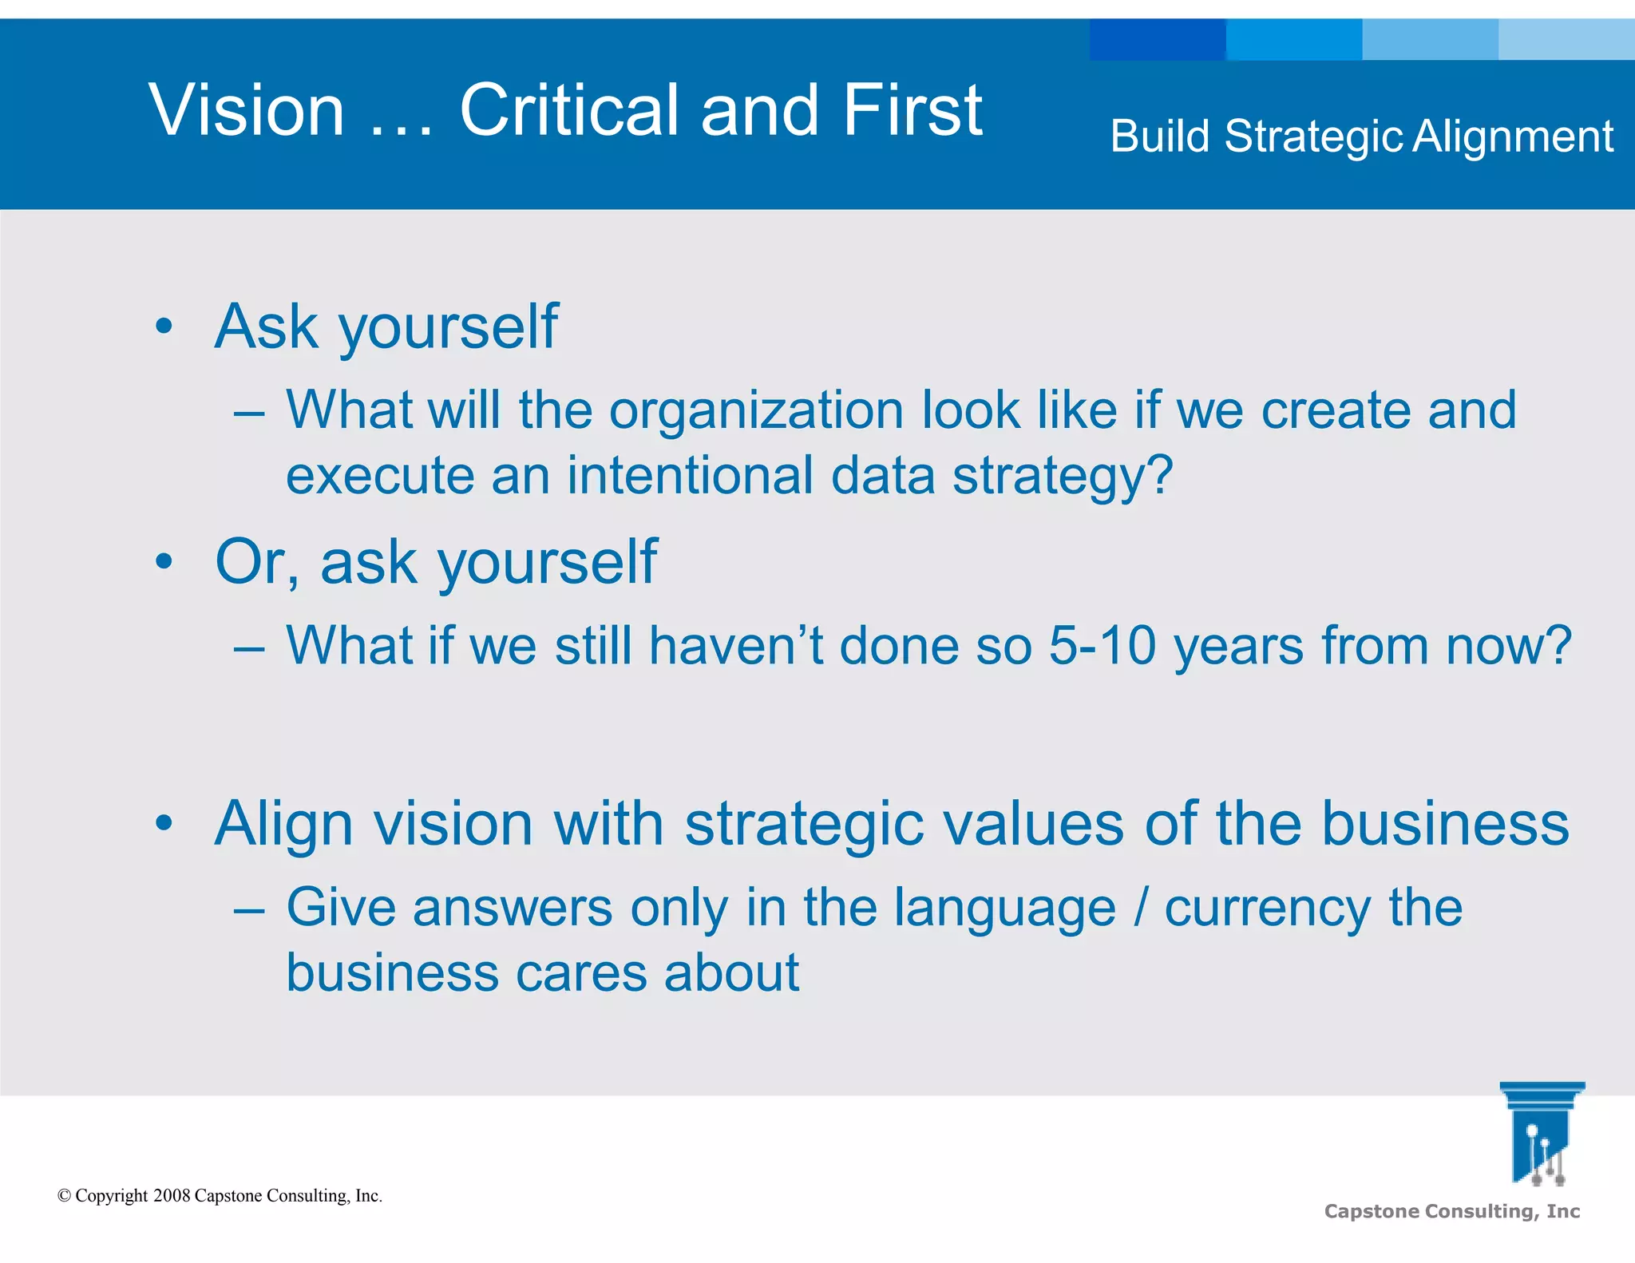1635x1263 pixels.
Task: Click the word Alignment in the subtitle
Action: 1513,137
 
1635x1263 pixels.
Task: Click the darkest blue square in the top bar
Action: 1157,40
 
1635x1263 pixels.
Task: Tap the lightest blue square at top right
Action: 1566,40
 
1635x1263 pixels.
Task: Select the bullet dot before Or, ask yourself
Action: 164,561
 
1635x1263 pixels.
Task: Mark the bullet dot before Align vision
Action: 164,823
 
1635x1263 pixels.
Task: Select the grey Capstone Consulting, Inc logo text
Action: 1451,1212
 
